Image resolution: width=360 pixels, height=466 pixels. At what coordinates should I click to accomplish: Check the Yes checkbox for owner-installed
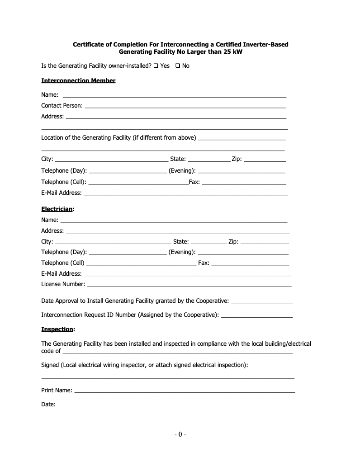(x=156, y=66)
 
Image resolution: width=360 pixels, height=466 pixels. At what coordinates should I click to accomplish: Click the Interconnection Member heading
(x=78, y=80)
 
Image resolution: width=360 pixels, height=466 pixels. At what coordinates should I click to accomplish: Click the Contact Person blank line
(x=185, y=106)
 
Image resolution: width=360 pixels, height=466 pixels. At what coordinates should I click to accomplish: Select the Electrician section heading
(x=57, y=209)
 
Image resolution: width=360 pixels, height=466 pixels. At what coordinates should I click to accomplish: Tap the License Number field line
(x=189, y=285)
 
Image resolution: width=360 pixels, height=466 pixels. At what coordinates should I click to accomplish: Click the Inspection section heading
(x=57, y=329)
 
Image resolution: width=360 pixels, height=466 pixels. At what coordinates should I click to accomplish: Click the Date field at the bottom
(x=111, y=405)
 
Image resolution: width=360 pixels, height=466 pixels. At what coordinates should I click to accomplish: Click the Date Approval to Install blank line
(x=261, y=301)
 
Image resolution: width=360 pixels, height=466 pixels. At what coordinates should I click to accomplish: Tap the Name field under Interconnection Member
(x=174, y=95)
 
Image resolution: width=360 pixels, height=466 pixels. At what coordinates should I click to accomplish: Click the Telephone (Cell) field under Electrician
(x=141, y=264)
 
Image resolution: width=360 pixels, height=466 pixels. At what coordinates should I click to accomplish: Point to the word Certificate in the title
(x=89, y=44)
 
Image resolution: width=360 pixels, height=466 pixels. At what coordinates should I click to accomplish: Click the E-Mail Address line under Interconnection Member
(x=186, y=193)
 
